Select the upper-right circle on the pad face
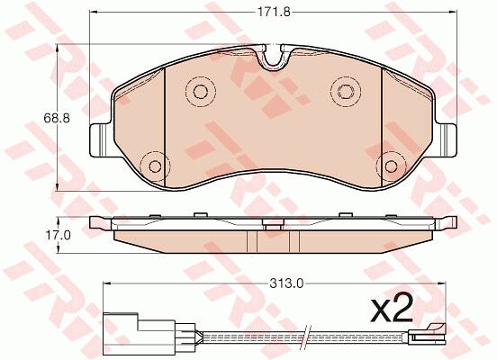(x=344, y=89)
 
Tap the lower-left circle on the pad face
(x=154, y=166)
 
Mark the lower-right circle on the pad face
(x=389, y=166)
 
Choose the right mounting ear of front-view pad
(x=444, y=138)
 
